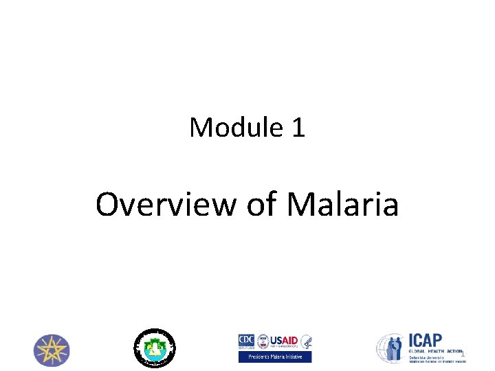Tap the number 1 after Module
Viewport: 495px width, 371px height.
(298, 127)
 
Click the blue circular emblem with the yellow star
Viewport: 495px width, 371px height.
(52, 350)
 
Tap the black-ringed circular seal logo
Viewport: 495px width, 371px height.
(154, 346)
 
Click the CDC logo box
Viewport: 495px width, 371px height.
(246, 341)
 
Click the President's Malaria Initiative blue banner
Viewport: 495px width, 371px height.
(275, 357)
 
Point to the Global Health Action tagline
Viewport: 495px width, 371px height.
(435, 351)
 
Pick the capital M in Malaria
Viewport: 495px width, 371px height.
(300, 205)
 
